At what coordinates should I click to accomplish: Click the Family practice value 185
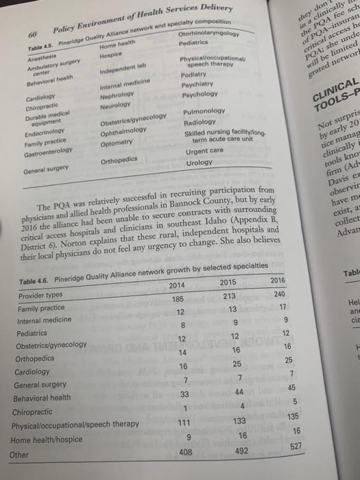point(177,300)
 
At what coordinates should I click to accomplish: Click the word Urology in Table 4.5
point(199,163)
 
